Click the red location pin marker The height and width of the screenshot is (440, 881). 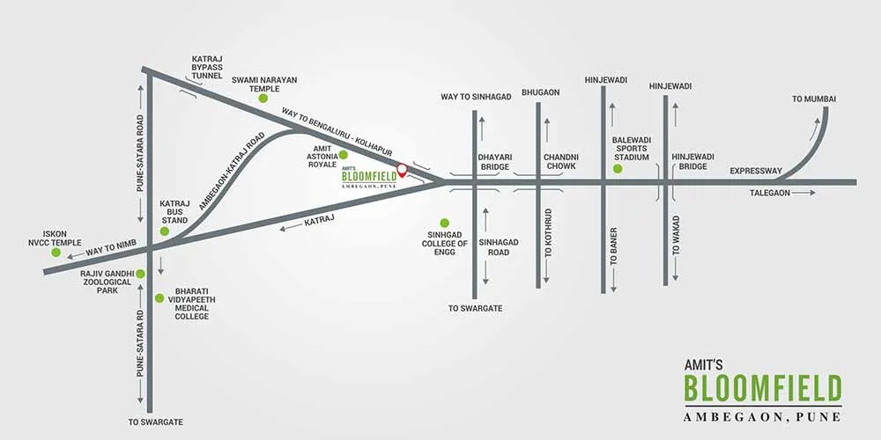[402, 170]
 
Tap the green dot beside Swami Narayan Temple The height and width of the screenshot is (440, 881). [263, 99]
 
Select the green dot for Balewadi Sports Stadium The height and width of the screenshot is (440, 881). [618, 168]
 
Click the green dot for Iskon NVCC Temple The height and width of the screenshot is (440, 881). [56, 253]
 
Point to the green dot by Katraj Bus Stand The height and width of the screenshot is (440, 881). [165, 231]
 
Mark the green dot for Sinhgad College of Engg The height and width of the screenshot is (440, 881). [444, 223]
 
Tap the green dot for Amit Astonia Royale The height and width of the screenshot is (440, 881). [344, 154]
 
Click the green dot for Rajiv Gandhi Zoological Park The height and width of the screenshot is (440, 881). [140, 274]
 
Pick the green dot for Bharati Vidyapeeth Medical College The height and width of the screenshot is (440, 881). [159, 298]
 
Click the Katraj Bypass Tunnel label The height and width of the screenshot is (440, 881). [207, 67]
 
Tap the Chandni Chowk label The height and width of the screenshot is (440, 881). [560, 162]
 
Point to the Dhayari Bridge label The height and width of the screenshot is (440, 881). [494, 162]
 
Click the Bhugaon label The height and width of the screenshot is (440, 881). [541, 92]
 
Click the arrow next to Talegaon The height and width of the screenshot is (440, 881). [804, 193]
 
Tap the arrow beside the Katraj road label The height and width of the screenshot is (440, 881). [291, 228]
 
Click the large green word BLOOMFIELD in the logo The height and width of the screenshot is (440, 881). [762, 388]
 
